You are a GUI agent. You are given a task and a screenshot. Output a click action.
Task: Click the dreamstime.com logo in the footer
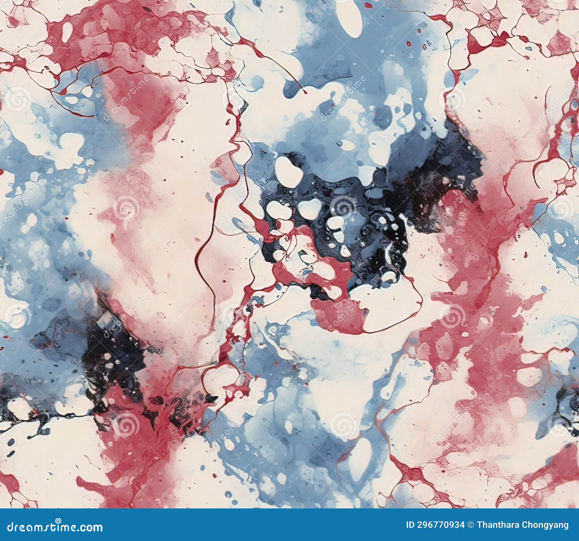(x=55, y=527)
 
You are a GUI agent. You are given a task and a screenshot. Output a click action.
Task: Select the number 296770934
(x=440, y=525)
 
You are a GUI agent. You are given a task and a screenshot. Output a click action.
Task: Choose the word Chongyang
(x=548, y=525)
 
